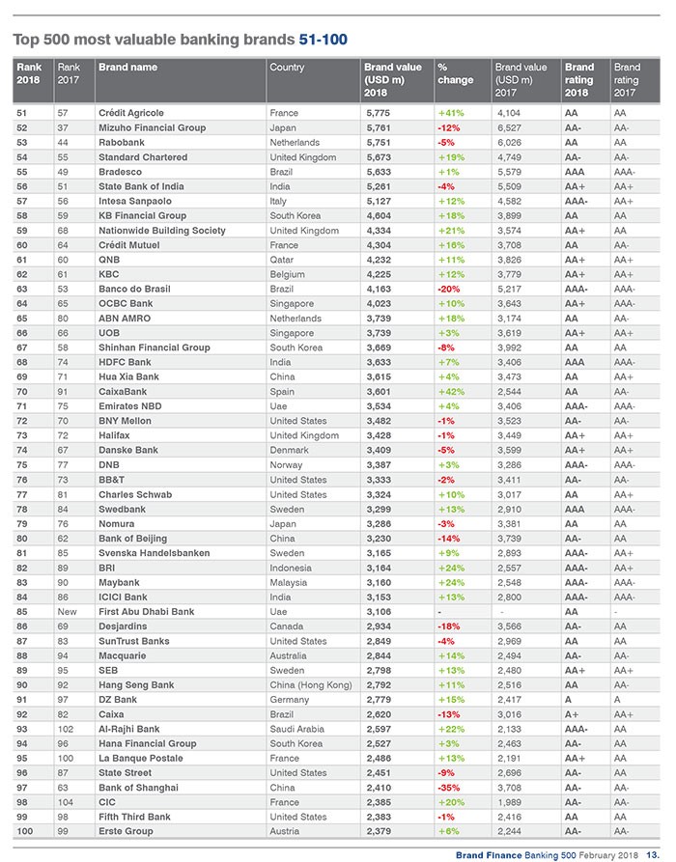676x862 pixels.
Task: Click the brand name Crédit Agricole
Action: pyautogui.click(x=130, y=113)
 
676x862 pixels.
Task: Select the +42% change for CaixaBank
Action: pyautogui.click(x=451, y=391)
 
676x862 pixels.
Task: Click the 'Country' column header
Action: pyautogui.click(x=288, y=68)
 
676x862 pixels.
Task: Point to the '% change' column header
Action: pyautogui.click(x=455, y=73)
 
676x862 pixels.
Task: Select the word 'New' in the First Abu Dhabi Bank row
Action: pyautogui.click(x=67, y=612)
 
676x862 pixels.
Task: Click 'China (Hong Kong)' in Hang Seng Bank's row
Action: pyautogui.click(x=310, y=683)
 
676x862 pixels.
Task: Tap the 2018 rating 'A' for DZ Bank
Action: pyautogui.click(x=569, y=699)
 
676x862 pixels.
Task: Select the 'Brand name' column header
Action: pyautogui.click(x=127, y=68)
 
